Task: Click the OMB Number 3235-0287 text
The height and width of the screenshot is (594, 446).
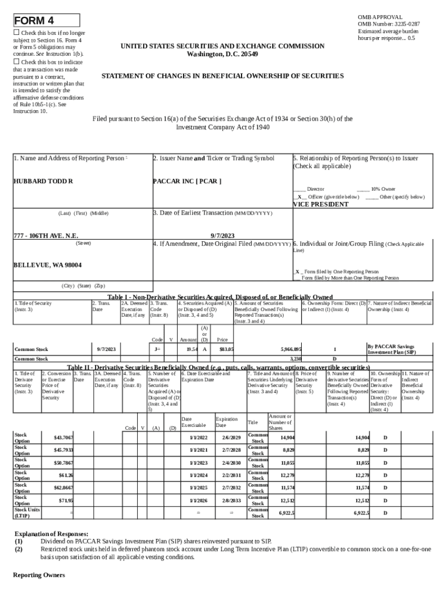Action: pyautogui.click(x=389, y=24)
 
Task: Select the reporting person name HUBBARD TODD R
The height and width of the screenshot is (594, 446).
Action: pyautogui.click(x=43, y=182)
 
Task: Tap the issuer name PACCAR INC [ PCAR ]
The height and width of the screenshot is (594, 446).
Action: pyautogui.click(x=187, y=181)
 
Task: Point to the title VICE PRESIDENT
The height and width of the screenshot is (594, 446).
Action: pyautogui.click(x=320, y=204)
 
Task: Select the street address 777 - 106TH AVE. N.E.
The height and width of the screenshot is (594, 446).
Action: pyautogui.click(x=46, y=236)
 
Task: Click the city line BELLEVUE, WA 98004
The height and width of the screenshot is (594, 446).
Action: pyautogui.click(x=47, y=265)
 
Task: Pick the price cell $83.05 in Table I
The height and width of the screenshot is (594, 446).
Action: pyautogui.click(x=226, y=349)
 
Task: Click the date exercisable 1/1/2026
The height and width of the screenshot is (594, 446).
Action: pyautogui.click(x=198, y=499)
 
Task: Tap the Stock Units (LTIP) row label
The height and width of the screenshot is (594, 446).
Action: pyautogui.click(x=27, y=512)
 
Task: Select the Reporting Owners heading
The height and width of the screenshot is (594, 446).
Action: pyautogui.click(x=39, y=575)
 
